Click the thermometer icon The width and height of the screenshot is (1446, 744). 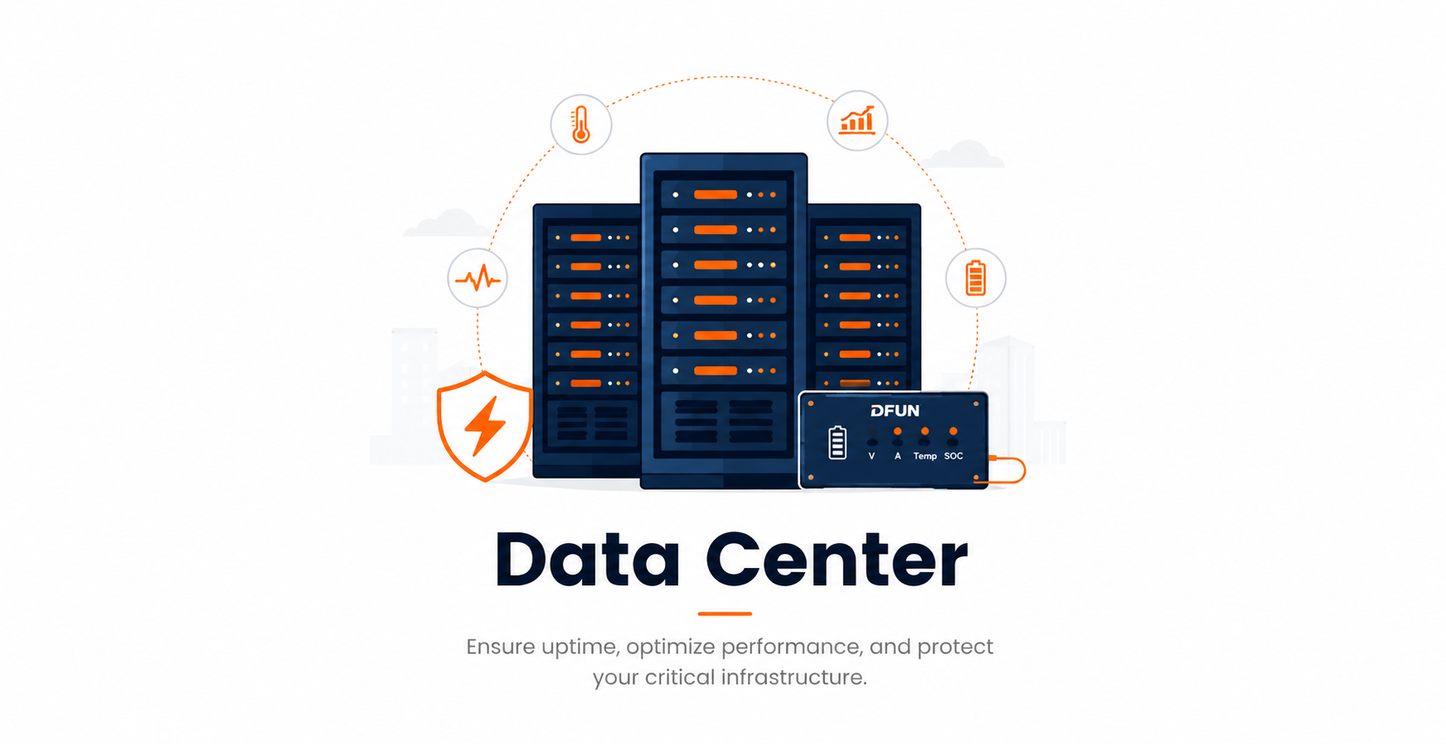coord(581,124)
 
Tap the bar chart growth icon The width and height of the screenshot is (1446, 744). coord(857,121)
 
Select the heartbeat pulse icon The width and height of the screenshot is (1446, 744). coord(477,279)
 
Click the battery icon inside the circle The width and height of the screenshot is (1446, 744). coord(976,278)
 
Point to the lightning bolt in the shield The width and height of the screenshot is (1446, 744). coord(485,427)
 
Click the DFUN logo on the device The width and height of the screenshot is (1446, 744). coord(895,410)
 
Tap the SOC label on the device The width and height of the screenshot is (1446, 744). coord(954,455)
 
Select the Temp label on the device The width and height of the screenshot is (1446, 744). coord(925,456)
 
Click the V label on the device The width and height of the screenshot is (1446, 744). coord(872,455)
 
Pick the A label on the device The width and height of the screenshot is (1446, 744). coord(898,455)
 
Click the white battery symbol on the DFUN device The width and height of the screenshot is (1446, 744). coord(837,442)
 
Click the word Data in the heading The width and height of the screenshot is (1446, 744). coord(587,560)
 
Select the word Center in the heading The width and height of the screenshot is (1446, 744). coord(836,560)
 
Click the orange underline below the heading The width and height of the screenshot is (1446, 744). coord(725,613)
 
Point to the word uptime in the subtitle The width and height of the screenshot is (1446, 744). coord(579,647)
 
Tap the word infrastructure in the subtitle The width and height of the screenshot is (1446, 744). coord(793,677)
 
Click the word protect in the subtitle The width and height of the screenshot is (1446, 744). coord(955,647)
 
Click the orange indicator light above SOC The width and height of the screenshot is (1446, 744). coord(953,432)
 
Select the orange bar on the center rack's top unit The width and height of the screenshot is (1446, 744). coord(716,195)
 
